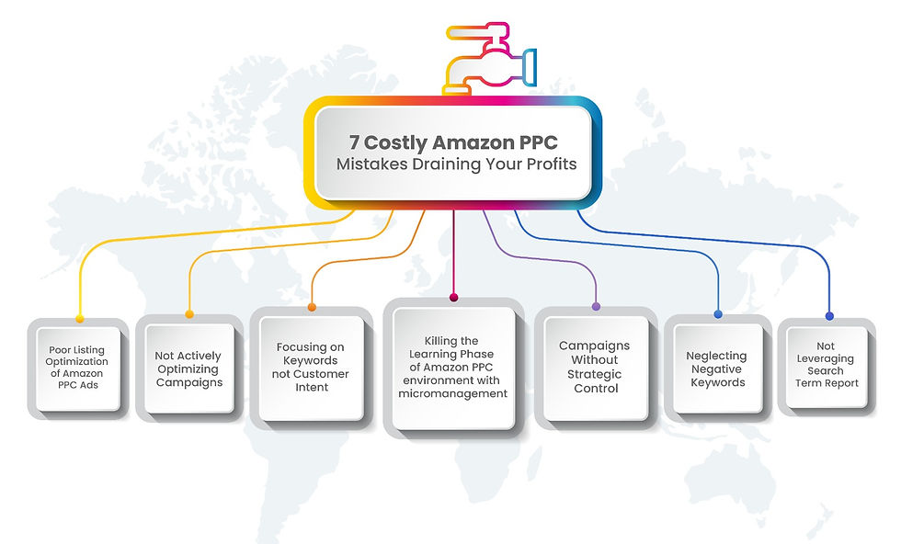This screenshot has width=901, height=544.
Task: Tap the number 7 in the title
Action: [x=354, y=143]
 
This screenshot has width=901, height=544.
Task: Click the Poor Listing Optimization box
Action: [x=78, y=368]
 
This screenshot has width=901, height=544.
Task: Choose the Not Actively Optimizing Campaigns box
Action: [x=188, y=368]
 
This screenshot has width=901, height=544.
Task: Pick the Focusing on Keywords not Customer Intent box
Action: [x=311, y=367]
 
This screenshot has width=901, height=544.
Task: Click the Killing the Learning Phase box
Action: [x=452, y=367]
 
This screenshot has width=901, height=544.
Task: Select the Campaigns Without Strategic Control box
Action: [x=595, y=367]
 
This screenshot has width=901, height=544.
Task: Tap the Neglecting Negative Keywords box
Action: [x=716, y=368]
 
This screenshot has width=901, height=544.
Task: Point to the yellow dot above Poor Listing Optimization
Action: [x=80, y=319]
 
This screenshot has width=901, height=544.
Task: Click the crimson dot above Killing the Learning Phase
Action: [x=453, y=298]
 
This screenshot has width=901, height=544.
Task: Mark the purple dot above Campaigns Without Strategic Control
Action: [x=596, y=306]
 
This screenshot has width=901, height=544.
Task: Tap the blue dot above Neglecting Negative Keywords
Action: [x=718, y=314]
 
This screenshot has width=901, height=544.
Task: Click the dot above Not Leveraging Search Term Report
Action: [x=829, y=316]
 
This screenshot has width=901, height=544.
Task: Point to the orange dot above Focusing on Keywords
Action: [x=312, y=307]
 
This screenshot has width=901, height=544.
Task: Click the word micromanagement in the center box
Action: [x=452, y=393]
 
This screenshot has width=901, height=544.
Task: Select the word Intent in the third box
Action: [x=311, y=387]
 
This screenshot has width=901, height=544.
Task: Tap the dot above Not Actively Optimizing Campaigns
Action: [x=189, y=314]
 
